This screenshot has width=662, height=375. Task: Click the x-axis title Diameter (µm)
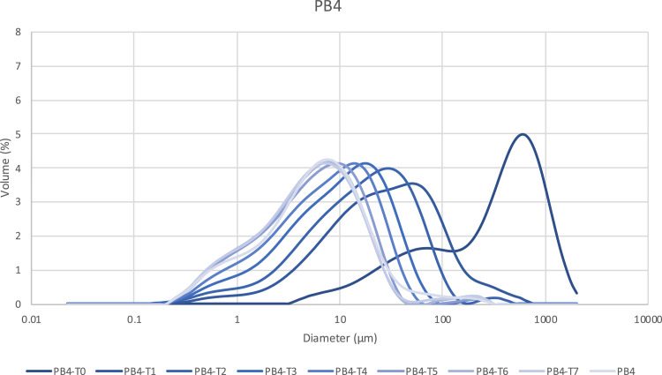pyautogui.click(x=339, y=338)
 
